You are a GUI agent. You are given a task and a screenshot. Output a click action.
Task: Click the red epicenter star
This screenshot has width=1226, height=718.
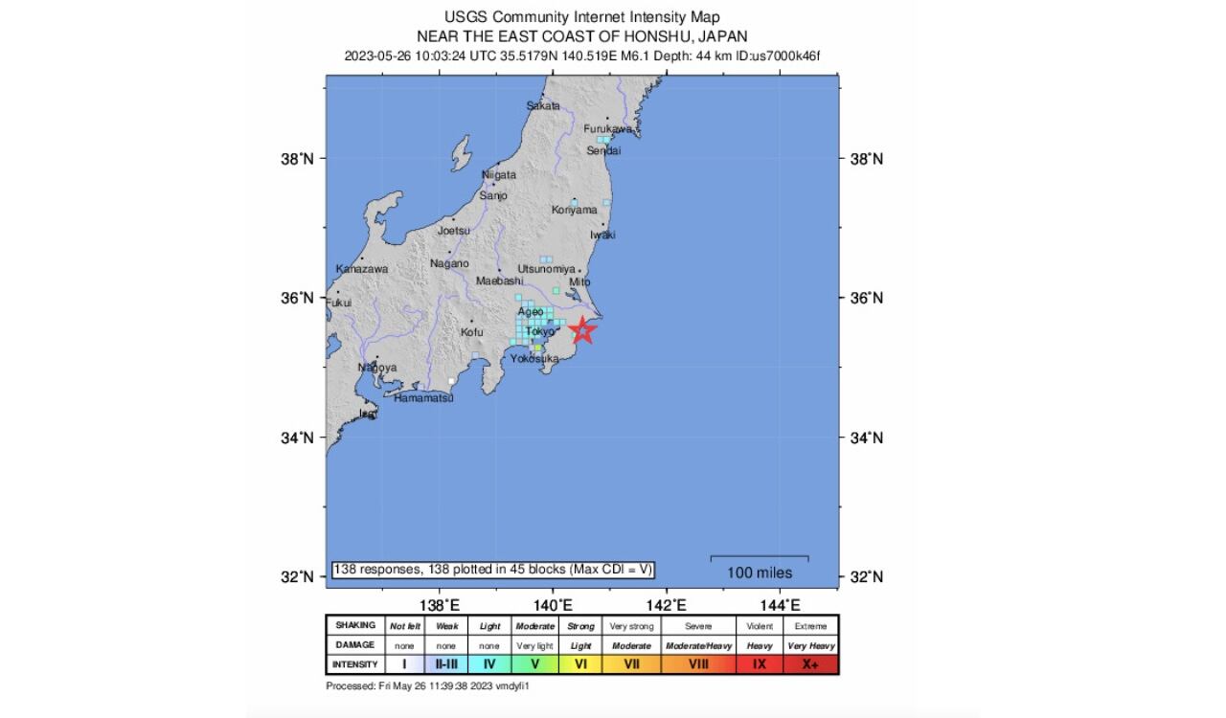pyautogui.click(x=583, y=331)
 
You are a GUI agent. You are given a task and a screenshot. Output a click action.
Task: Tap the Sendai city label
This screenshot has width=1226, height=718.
pyautogui.click(x=603, y=150)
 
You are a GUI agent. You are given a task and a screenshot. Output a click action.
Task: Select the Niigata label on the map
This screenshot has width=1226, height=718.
pyautogui.click(x=498, y=175)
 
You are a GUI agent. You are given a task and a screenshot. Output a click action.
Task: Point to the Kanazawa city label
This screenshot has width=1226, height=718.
pyautogui.click(x=362, y=269)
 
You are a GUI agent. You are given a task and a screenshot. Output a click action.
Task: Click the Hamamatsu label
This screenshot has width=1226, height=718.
pyautogui.click(x=423, y=397)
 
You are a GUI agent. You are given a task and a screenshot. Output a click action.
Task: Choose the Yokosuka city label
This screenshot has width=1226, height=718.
pyautogui.click(x=534, y=358)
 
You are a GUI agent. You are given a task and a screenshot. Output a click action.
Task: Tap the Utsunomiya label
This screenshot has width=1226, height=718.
pyautogui.click(x=546, y=269)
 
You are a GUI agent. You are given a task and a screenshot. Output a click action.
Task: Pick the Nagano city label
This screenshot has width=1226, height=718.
pyautogui.click(x=449, y=263)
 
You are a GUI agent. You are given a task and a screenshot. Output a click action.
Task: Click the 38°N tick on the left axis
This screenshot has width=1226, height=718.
pyautogui.click(x=297, y=159)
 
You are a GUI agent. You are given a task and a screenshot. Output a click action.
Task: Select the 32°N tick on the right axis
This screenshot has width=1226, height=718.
pyautogui.click(x=867, y=577)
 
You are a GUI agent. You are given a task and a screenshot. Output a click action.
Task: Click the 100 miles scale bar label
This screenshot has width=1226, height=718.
pyautogui.click(x=760, y=572)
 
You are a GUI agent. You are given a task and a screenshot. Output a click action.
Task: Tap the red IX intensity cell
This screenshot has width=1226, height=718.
pyautogui.click(x=760, y=663)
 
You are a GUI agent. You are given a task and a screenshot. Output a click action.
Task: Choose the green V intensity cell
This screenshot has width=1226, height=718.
pyautogui.click(x=535, y=663)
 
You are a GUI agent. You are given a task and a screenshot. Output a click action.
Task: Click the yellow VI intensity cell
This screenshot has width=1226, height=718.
pyautogui.click(x=580, y=663)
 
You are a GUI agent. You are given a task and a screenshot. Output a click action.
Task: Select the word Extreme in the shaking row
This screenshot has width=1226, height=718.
pyautogui.click(x=810, y=626)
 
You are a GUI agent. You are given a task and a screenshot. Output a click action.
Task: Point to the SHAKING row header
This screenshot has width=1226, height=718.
pyautogui.click(x=354, y=625)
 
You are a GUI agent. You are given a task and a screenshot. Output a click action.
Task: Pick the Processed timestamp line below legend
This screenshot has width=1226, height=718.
pyautogui.click(x=427, y=686)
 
